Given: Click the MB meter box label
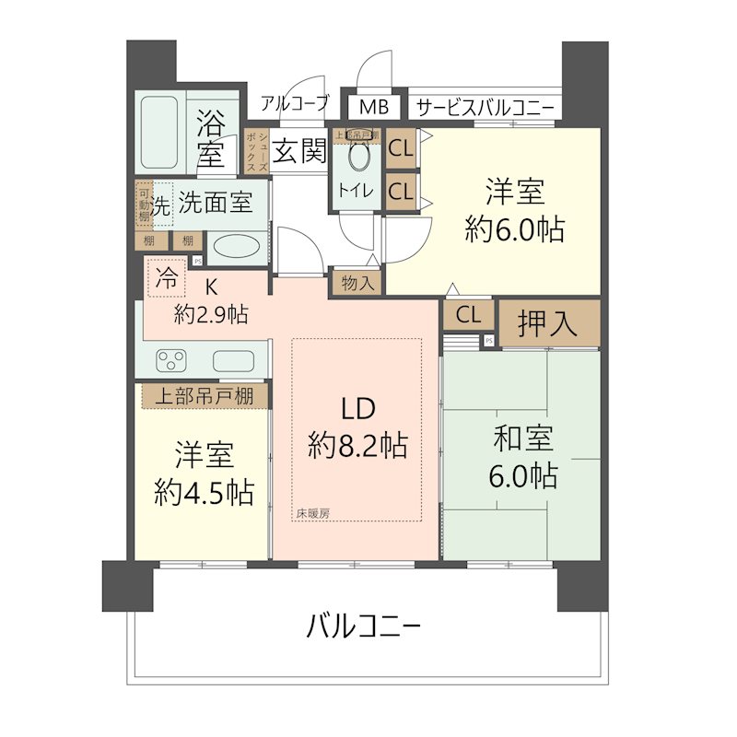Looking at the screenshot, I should point(373,107).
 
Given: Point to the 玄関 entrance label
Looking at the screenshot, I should point(299,147).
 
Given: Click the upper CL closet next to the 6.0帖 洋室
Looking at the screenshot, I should point(400,147).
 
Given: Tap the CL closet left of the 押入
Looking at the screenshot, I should point(468,314).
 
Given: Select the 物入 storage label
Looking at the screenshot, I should point(357,283).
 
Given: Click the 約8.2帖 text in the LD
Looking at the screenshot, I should point(357,446).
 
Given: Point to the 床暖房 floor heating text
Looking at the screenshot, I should point(314,511).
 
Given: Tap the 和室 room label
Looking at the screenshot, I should point(523,441).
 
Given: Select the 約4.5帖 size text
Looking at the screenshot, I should point(204,492).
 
